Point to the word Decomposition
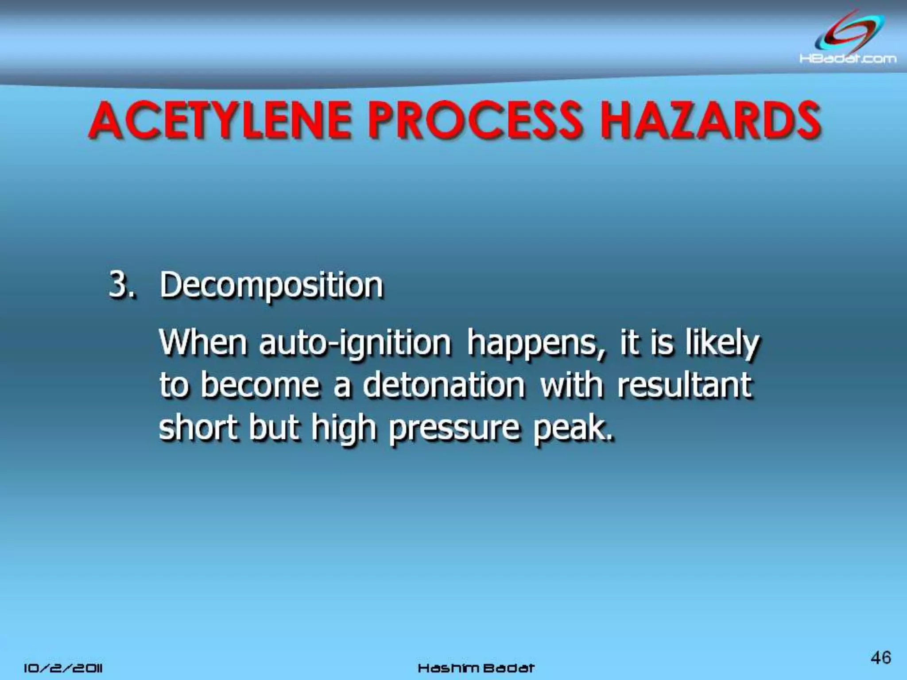point(271,286)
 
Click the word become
point(259,385)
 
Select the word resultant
point(684,385)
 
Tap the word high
point(343,429)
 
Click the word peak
point(574,429)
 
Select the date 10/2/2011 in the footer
point(63,668)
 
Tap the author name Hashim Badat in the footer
point(476,668)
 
